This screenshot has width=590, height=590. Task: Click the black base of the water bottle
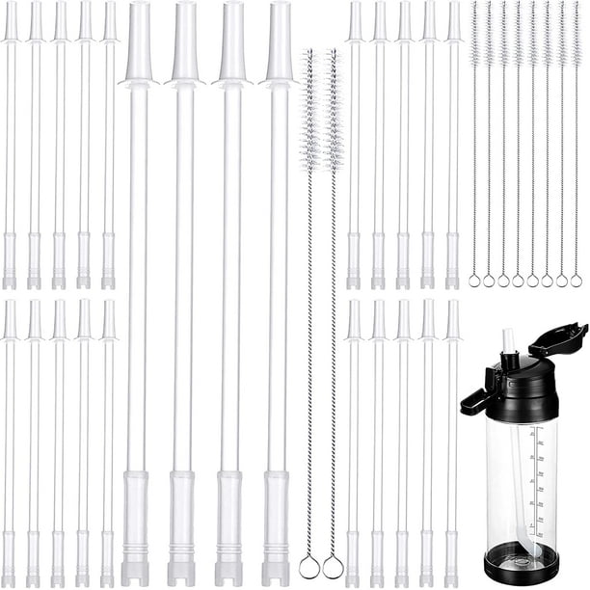521,562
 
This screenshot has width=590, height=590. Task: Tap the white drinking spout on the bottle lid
509,343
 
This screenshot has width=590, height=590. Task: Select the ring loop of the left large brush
309,566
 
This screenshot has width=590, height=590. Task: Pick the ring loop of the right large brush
333,566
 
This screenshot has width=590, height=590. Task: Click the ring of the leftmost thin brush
474,281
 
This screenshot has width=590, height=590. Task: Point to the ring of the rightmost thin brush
576,281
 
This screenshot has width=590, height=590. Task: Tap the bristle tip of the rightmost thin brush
577,29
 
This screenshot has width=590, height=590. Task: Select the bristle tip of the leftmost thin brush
474,29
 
